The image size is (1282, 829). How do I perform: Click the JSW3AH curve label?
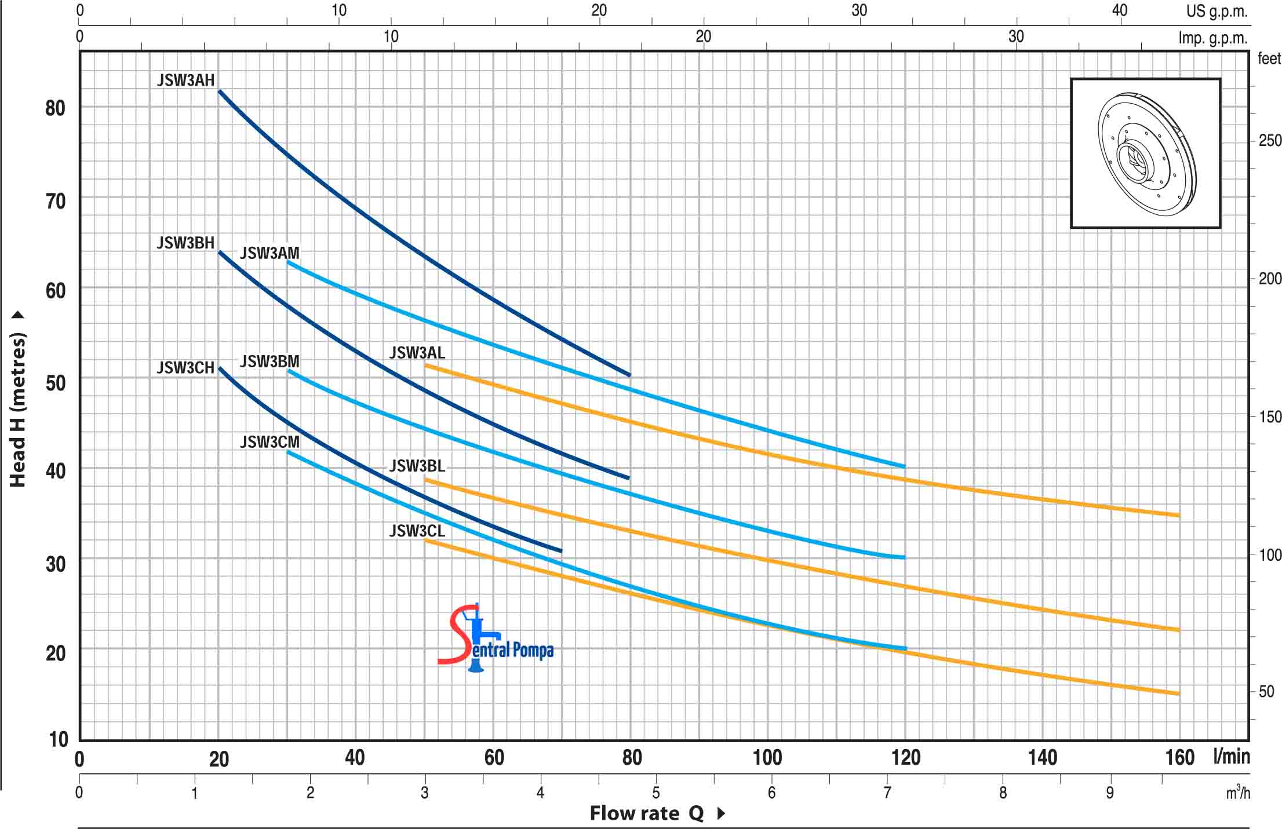pos(185,81)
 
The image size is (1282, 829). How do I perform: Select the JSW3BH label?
pos(185,243)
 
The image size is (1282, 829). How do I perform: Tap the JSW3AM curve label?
pos(269,253)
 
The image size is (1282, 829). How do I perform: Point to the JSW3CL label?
pos(417,531)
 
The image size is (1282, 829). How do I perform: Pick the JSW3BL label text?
pos(417,466)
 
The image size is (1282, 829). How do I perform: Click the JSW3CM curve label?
pos(269,442)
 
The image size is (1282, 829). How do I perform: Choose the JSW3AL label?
pos(417,353)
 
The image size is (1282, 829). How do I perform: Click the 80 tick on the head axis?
pos(56,108)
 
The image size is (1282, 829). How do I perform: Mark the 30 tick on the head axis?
pos(56,564)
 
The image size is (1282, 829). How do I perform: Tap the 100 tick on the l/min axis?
pos(767,757)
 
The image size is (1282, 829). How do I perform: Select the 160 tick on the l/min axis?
pos(1180,757)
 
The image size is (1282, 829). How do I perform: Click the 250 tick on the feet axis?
pos(1269,140)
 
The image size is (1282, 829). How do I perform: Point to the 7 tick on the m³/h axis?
pos(887,793)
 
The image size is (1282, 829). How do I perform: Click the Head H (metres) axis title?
pos(17,409)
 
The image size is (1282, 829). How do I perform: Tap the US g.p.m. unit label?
pos(1216,11)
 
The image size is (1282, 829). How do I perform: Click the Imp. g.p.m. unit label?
pos(1212,38)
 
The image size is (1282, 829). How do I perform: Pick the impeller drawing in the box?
pos(1145,154)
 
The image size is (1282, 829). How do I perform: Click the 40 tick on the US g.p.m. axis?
pos(1119,10)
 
